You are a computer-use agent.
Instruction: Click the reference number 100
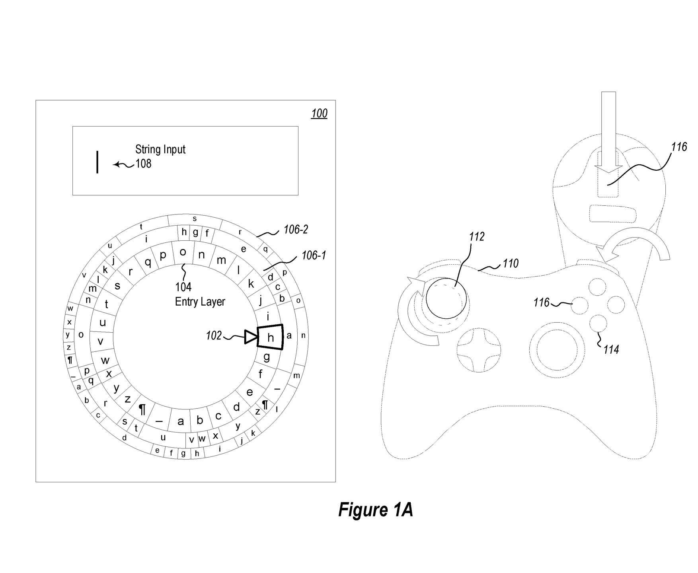(x=319, y=114)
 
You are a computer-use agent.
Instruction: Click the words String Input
(x=160, y=150)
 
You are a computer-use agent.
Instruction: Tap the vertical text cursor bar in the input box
(x=97, y=162)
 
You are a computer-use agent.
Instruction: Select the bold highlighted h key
(x=271, y=337)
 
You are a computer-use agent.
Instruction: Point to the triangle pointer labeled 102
(x=251, y=337)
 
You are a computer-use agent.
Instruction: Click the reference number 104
(x=183, y=287)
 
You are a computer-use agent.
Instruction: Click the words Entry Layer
(x=200, y=302)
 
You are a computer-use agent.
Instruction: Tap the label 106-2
(x=295, y=230)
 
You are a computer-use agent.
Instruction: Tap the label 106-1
(x=314, y=255)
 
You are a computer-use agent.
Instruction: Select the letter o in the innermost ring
(x=183, y=252)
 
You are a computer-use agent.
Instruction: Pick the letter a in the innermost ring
(x=181, y=421)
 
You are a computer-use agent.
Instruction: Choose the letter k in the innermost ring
(x=251, y=284)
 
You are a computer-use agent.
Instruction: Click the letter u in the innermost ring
(x=103, y=322)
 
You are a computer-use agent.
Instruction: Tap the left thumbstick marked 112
(x=446, y=298)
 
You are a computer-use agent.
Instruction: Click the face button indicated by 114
(x=598, y=323)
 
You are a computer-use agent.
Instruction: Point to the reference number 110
(x=511, y=263)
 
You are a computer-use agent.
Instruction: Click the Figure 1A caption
(x=375, y=510)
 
